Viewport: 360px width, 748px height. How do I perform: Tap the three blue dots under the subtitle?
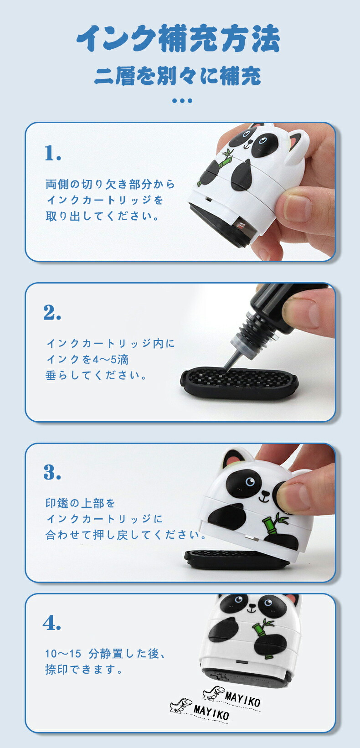(x=182, y=101)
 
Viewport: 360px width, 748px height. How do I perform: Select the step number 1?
(x=53, y=153)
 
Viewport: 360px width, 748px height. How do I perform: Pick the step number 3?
(x=52, y=472)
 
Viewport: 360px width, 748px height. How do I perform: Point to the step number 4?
(x=52, y=622)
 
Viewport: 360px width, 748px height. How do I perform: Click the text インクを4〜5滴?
(x=87, y=359)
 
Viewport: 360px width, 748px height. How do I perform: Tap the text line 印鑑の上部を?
(x=80, y=503)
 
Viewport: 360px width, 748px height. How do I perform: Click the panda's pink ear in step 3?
(x=233, y=462)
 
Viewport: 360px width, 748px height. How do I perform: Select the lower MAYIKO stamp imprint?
(x=200, y=710)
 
